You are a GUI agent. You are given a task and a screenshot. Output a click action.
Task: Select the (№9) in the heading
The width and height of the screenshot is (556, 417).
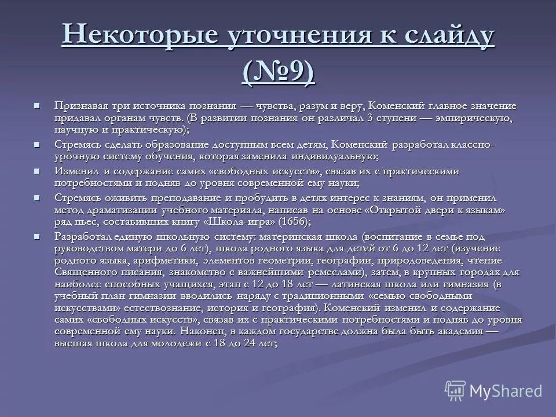pyautogui.click(x=278, y=72)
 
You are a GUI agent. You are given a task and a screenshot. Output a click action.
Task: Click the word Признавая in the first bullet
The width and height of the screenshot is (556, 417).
pyautogui.click(x=81, y=106)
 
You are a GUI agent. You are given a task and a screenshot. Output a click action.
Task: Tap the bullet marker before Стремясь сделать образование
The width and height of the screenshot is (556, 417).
pyautogui.click(x=37, y=144)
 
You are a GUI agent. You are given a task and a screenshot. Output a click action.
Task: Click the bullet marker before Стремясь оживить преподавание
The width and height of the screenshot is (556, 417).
pyautogui.click(x=37, y=197)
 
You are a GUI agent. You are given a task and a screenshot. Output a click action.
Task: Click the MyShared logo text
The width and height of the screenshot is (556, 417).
pyautogui.click(x=505, y=391)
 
